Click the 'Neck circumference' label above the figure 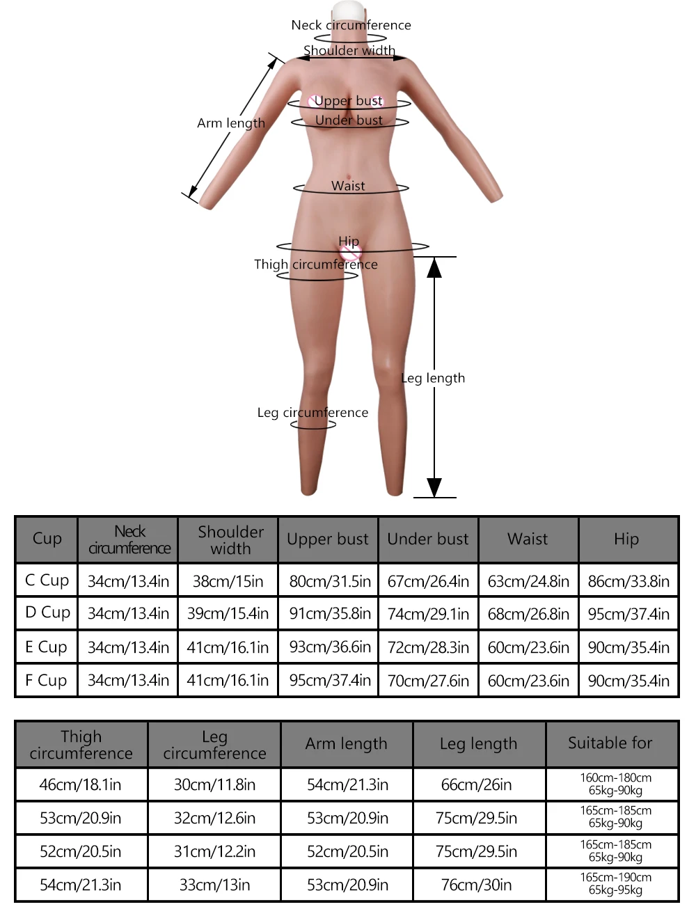[351, 25]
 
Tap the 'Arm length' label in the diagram [231, 123]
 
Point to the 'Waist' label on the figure [348, 186]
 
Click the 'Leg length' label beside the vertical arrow [433, 378]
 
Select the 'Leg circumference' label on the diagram [313, 413]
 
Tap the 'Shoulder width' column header [230, 540]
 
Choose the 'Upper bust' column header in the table [328, 539]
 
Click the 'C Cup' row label [47, 581]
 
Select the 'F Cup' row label [46, 680]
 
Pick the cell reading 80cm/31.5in [330, 581]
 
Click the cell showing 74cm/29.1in [428, 614]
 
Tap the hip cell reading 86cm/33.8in [628, 581]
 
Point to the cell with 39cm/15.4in [228, 614]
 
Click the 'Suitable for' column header [610, 743]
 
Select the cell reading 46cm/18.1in [80, 785]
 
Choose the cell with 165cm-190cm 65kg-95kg [615, 884]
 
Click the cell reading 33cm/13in [214, 885]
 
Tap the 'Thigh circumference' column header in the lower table [81, 745]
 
